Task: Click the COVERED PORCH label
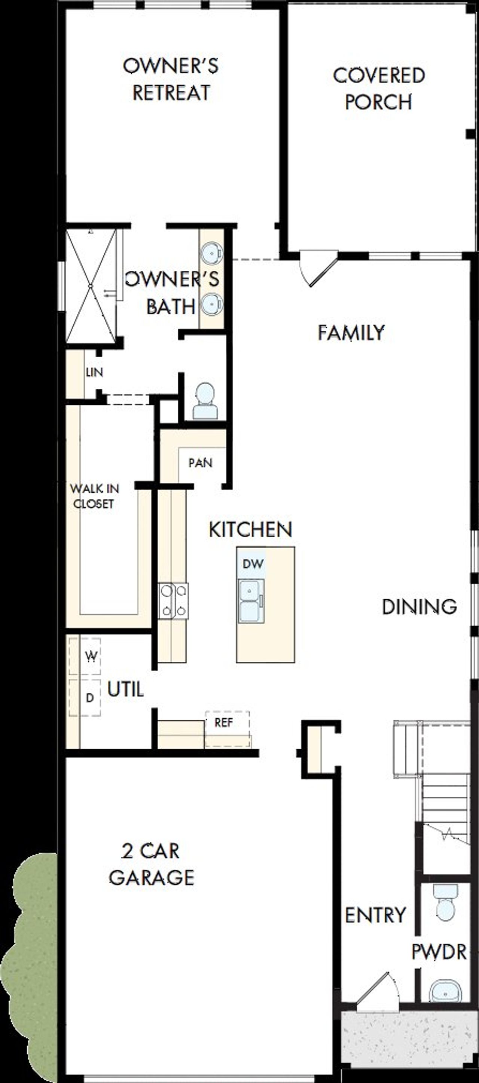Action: (378, 89)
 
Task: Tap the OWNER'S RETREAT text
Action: (171, 79)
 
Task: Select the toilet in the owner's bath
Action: (205, 401)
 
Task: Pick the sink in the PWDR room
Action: (445, 991)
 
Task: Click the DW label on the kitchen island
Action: (253, 564)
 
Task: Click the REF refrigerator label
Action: (223, 722)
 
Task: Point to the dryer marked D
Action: (89, 697)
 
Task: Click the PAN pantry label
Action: (200, 463)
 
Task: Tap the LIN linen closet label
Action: (94, 372)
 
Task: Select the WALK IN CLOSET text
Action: (94, 496)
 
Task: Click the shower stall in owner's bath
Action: (91, 286)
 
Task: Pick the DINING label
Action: (419, 607)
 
